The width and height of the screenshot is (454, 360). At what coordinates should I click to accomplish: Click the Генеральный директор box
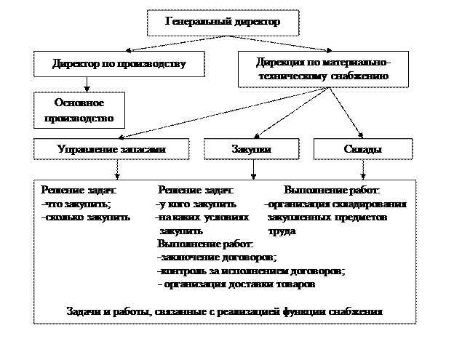pos(223,23)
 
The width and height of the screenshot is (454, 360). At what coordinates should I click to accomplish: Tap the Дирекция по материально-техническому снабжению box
pos(324,68)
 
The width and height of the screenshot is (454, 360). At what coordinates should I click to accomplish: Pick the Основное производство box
pos(79,109)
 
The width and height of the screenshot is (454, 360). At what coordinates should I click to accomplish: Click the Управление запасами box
pos(111,149)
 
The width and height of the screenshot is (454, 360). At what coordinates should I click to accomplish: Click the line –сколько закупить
pos(86,217)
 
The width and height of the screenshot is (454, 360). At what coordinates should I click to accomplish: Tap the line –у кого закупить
pos(196,204)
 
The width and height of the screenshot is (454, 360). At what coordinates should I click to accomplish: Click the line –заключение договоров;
pos(217,257)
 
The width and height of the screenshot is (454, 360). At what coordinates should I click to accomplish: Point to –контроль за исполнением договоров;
pos(250,271)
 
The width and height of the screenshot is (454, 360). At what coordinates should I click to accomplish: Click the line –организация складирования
pos(335,204)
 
